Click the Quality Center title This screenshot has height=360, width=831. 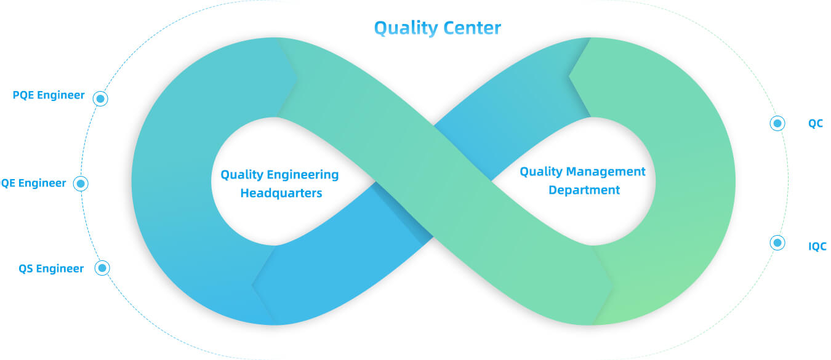click(x=438, y=28)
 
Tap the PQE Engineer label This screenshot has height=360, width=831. click(x=49, y=95)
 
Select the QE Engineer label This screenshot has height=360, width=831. click(x=33, y=183)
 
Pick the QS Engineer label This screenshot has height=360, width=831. click(x=51, y=268)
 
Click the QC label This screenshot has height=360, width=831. click(x=816, y=124)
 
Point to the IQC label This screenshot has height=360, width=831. click(x=817, y=247)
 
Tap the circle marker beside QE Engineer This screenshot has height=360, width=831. click(x=81, y=183)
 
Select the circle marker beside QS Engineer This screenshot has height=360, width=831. click(x=102, y=268)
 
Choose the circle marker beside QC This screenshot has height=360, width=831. click(x=777, y=124)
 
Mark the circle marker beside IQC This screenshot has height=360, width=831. click(x=777, y=243)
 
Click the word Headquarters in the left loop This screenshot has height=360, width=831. click(x=281, y=193)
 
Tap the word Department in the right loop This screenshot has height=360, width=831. click(x=584, y=190)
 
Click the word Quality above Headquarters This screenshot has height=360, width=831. click(x=241, y=175)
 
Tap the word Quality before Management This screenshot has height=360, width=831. click(x=540, y=172)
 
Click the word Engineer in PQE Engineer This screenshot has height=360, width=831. click(x=61, y=95)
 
